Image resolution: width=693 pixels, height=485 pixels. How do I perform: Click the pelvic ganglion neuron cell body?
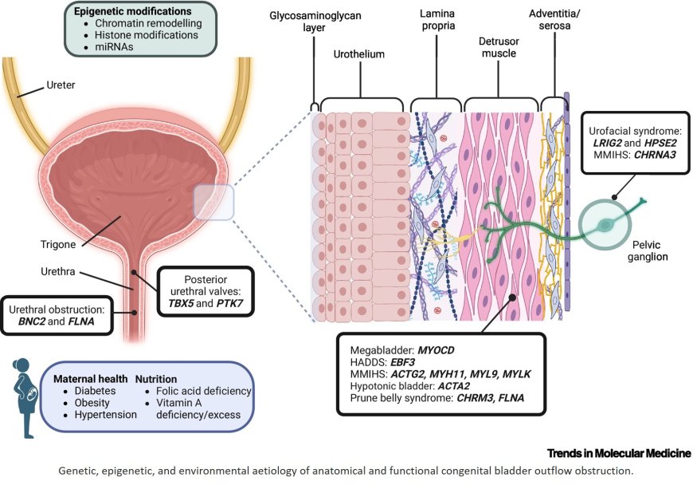tap(610, 225)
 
